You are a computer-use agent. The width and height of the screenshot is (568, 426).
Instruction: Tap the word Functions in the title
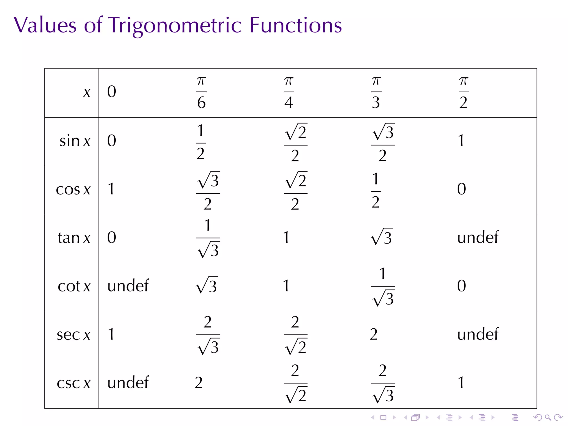click(295, 26)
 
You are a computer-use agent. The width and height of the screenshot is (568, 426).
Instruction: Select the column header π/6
click(201, 92)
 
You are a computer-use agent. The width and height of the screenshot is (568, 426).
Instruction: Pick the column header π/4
click(289, 92)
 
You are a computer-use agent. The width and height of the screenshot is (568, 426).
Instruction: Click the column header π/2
click(463, 92)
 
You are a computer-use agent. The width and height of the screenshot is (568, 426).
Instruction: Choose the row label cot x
click(74, 286)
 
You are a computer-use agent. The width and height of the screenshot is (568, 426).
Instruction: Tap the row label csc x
click(73, 383)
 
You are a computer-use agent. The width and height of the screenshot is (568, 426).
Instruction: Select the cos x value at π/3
click(376, 191)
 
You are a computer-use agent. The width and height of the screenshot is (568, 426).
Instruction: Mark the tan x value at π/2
click(478, 237)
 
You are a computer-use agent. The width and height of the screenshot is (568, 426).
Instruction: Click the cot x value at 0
click(128, 286)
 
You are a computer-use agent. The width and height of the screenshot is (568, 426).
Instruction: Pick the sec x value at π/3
click(373, 334)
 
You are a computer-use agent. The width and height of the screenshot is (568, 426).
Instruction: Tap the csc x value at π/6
click(199, 383)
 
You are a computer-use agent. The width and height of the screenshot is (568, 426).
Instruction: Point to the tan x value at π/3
click(382, 237)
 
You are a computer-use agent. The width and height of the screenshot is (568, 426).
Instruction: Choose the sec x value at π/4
click(296, 335)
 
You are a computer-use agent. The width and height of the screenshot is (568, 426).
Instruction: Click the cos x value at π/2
click(461, 189)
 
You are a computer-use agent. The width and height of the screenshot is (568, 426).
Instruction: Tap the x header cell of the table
click(87, 92)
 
